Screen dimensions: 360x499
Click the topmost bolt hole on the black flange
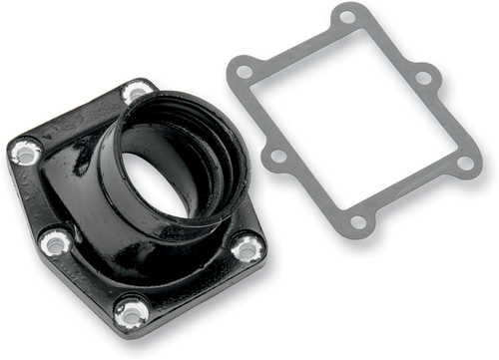(x=137, y=94)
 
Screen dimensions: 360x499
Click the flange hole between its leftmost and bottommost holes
(x=56, y=241)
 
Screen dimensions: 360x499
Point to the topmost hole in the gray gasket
(x=346, y=17)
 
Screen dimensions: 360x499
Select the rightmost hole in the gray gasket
(x=464, y=162)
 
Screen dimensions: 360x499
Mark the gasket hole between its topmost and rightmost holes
(x=424, y=76)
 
